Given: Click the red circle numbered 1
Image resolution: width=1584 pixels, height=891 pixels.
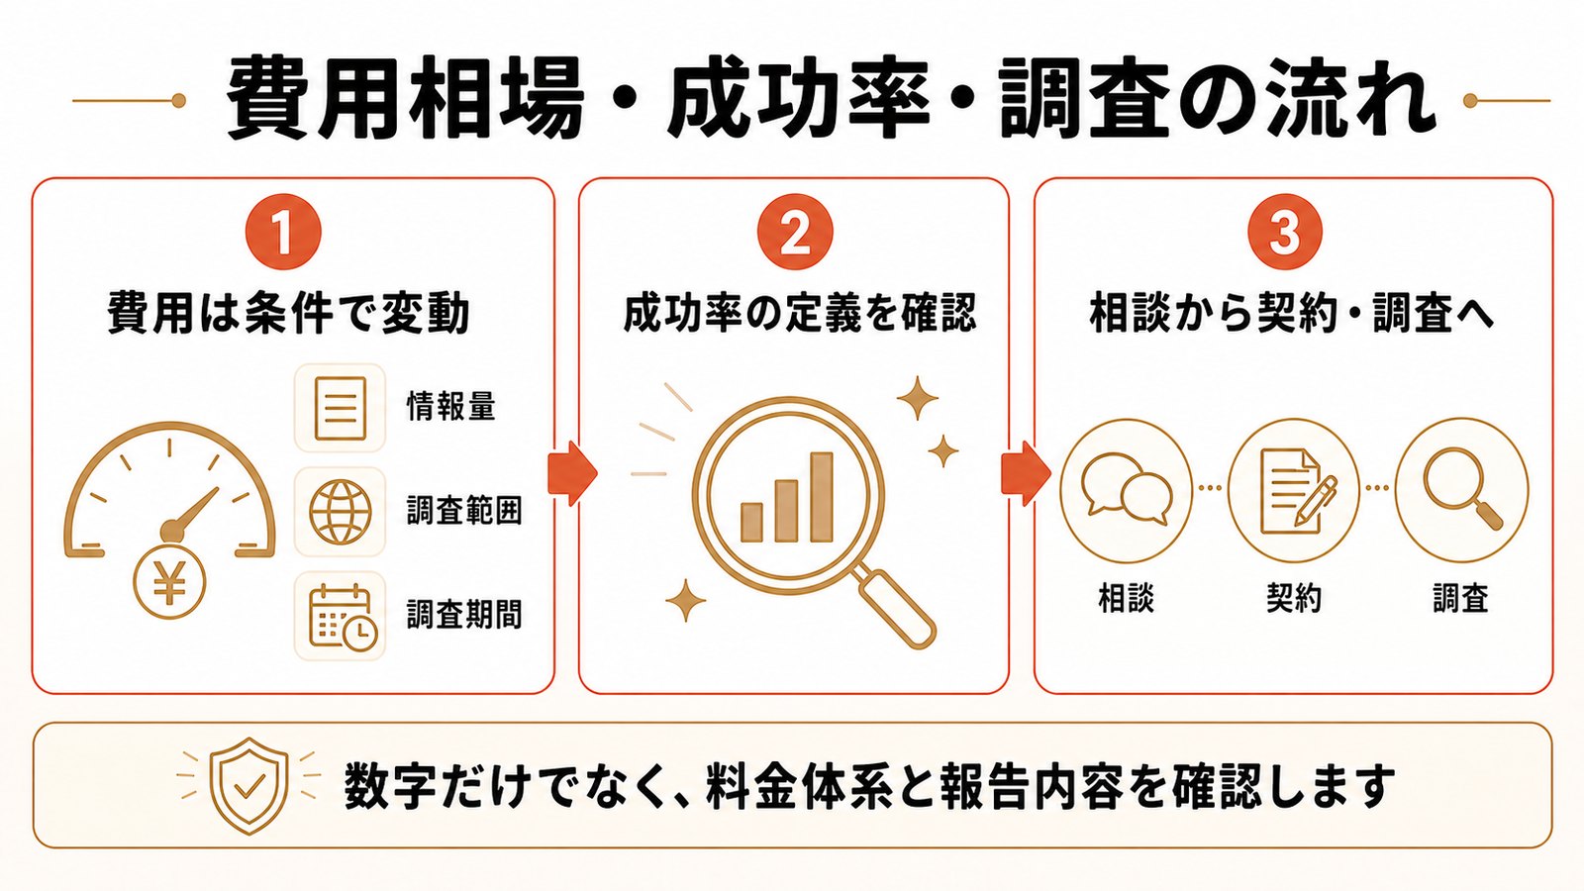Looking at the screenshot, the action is pyautogui.click(x=283, y=233).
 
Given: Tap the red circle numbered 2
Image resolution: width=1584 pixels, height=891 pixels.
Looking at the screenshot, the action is pyautogui.click(x=795, y=233).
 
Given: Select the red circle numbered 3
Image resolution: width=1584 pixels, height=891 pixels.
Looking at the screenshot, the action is pyautogui.click(x=1284, y=233).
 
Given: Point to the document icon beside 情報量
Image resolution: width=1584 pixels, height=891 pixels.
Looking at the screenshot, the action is pyautogui.click(x=341, y=408).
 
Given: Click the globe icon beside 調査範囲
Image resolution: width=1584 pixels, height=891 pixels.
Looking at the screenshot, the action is pyautogui.click(x=341, y=512).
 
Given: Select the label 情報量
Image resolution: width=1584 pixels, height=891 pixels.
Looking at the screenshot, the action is pyautogui.click(x=451, y=406).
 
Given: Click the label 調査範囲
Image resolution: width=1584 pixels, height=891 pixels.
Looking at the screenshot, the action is pyautogui.click(x=464, y=511).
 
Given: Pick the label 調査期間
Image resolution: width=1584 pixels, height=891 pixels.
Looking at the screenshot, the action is pyautogui.click(x=464, y=614).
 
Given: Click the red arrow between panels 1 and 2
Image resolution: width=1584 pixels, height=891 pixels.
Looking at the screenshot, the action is pyautogui.click(x=572, y=473).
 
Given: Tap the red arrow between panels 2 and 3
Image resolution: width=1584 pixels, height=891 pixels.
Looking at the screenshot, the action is pyautogui.click(x=1026, y=473).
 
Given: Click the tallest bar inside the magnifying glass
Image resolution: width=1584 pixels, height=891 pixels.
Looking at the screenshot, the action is pyautogui.click(x=822, y=497).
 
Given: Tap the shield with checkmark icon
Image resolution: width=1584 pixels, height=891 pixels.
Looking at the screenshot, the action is pyautogui.click(x=248, y=785).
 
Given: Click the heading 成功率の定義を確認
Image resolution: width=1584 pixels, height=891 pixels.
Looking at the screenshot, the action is pyautogui.click(x=799, y=313).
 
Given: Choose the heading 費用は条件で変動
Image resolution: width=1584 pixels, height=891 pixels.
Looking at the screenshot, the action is pyautogui.click(x=288, y=313).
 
